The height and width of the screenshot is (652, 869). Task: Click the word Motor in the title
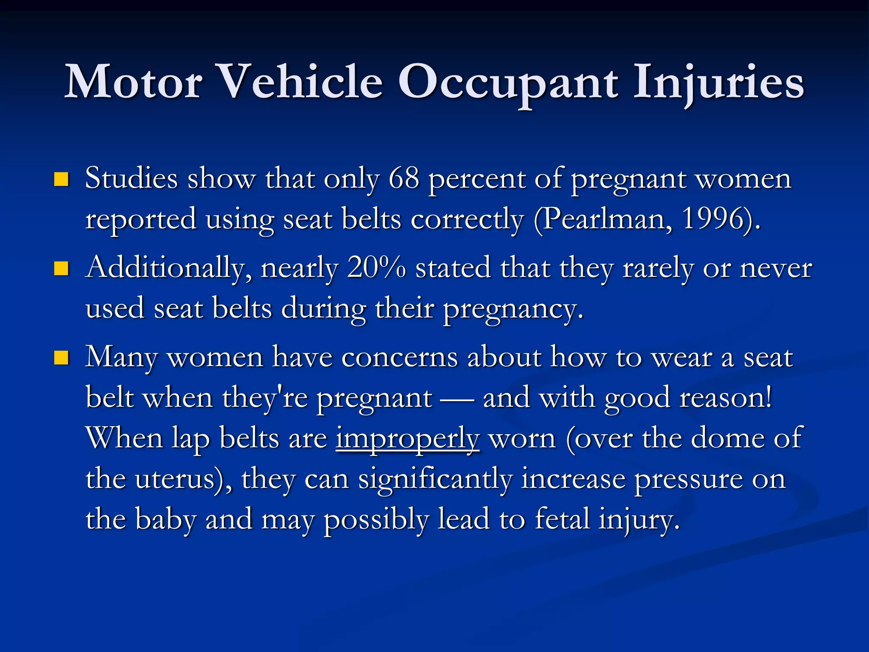pyautogui.click(x=133, y=82)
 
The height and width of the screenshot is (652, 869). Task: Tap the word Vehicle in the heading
pyautogui.click(x=302, y=82)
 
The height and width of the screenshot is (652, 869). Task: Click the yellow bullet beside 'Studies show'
pyautogui.click(x=62, y=180)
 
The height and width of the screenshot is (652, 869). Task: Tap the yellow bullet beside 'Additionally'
pyautogui.click(x=62, y=269)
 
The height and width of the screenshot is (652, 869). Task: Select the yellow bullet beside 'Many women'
pyautogui.click(x=62, y=358)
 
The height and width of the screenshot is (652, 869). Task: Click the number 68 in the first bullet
pyautogui.click(x=404, y=178)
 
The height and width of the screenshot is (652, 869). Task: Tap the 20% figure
pyautogui.click(x=376, y=268)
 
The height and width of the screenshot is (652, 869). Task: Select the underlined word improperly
pyautogui.click(x=408, y=439)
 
